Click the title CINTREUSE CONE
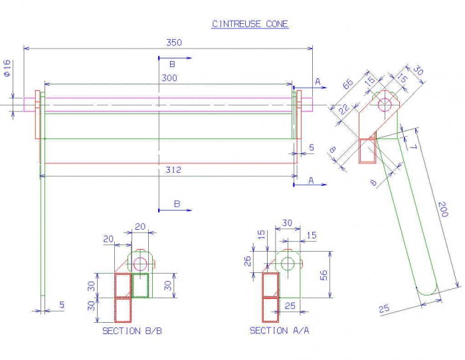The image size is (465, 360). (250, 24)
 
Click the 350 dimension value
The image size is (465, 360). (174, 43)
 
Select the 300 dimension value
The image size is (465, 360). (169, 78)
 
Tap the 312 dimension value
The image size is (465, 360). (173, 169)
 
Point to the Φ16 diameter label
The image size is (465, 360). (7, 68)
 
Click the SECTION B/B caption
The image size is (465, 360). (132, 331)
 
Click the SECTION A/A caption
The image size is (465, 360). (280, 330)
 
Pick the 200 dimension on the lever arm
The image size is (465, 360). (443, 209)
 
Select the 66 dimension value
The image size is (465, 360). (348, 84)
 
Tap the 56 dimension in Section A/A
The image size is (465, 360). (324, 275)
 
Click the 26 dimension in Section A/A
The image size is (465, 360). (247, 261)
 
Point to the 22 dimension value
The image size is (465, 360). (344, 110)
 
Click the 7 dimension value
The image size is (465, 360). (413, 147)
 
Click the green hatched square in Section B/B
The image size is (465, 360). (140, 286)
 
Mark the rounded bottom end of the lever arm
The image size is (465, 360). (427, 294)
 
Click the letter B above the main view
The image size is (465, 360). (172, 64)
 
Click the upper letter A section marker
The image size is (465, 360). (318, 82)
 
